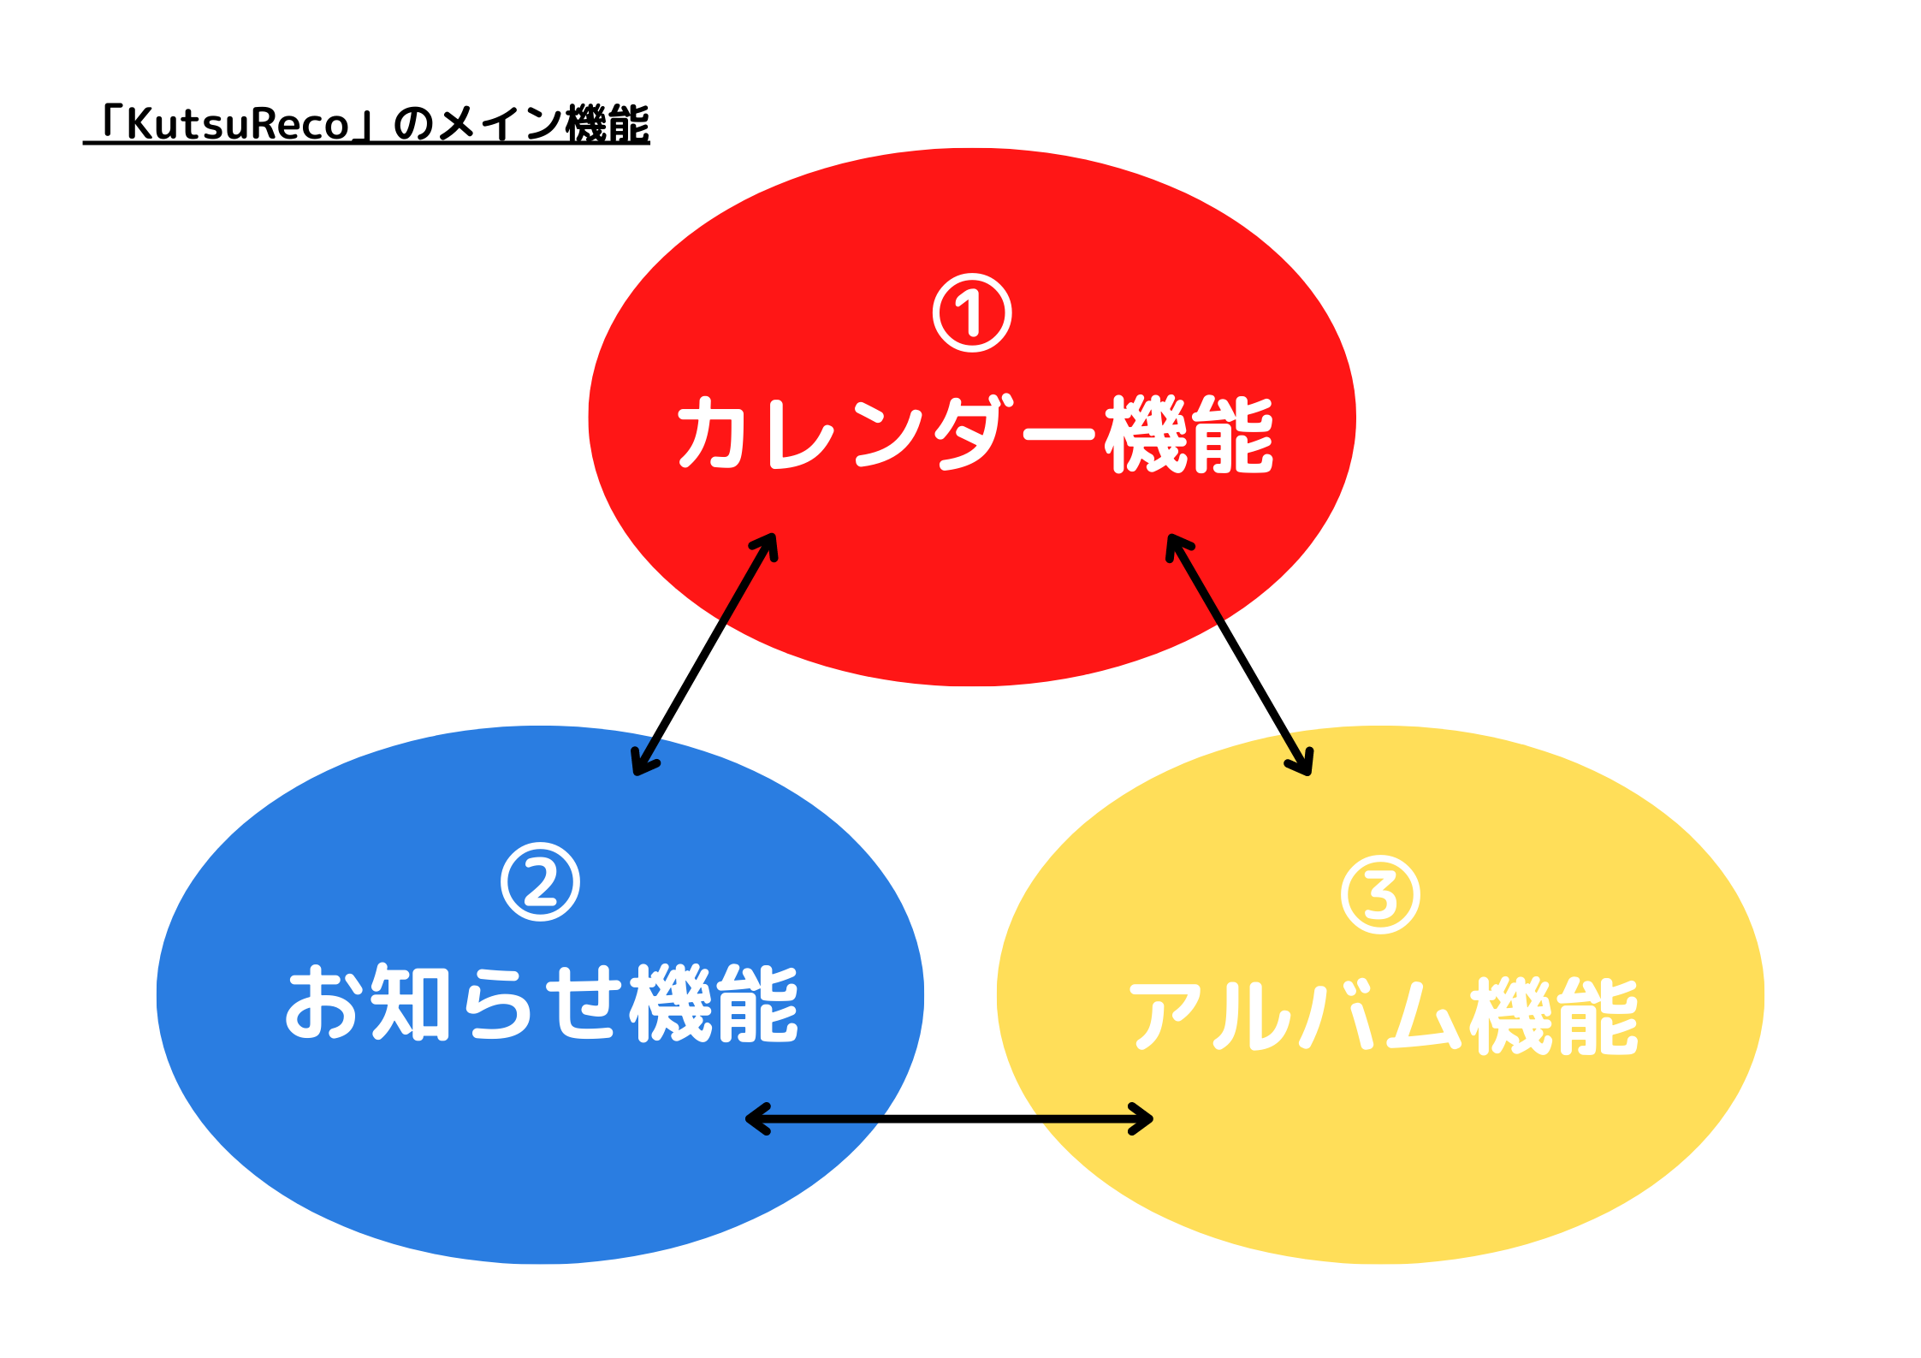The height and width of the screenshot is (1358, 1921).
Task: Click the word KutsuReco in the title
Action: pyautogui.click(x=238, y=124)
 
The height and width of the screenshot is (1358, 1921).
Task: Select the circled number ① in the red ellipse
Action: pyautogui.click(x=972, y=313)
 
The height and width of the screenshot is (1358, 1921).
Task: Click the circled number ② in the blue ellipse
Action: pyautogui.click(x=540, y=882)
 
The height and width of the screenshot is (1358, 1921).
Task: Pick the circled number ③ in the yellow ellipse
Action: pyautogui.click(x=1380, y=894)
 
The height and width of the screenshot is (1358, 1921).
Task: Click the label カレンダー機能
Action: pyautogui.click(x=975, y=434)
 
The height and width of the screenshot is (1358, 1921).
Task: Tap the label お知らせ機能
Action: pyautogui.click(x=542, y=1003)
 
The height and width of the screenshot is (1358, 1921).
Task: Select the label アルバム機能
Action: pyautogui.click(x=1383, y=1016)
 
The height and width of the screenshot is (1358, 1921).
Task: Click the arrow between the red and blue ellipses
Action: pyautogui.click(x=704, y=655)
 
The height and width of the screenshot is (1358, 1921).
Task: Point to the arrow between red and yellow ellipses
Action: pyautogui.click(x=1239, y=655)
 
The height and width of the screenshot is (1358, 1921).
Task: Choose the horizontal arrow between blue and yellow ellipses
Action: pyautogui.click(x=949, y=1118)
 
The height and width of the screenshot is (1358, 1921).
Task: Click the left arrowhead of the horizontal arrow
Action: pyautogui.click(x=757, y=1118)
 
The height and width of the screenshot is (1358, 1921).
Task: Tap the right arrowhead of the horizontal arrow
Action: pyautogui.click(x=1141, y=1118)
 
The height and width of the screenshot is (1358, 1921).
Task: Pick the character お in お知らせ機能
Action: pyautogui.click(x=320, y=1003)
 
